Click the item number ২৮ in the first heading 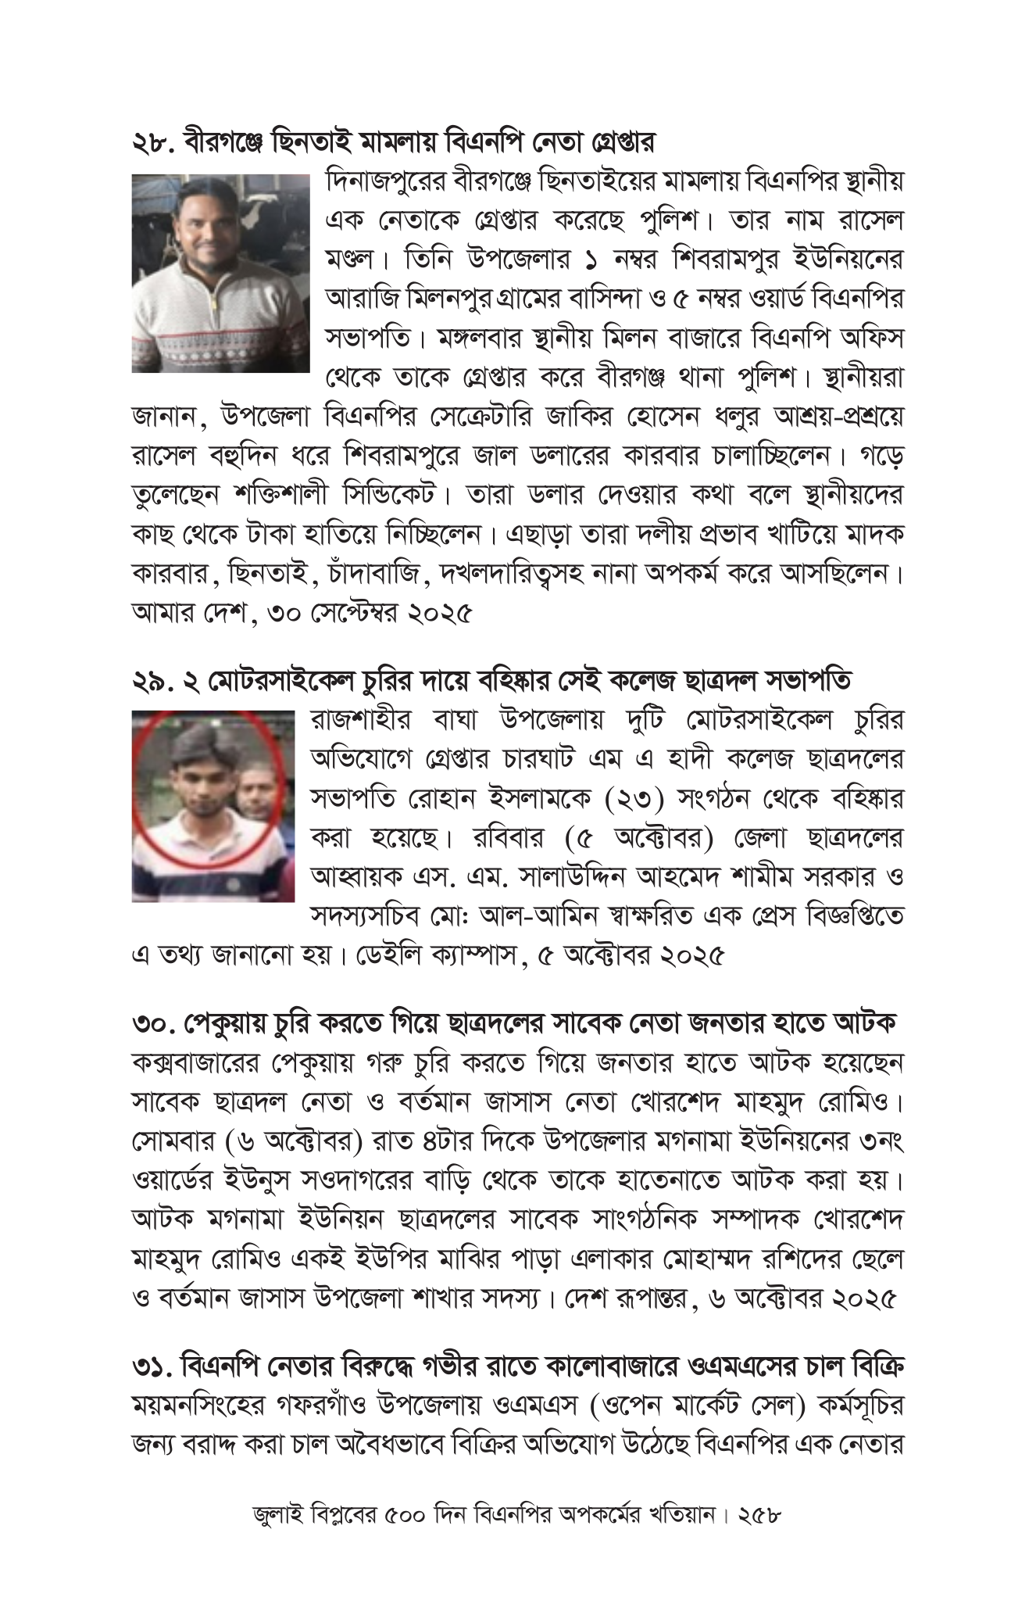tap(152, 144)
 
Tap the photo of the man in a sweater tap(220, 273)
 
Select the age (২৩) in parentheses tap(634, 799)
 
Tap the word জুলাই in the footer tap(277, 1514)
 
